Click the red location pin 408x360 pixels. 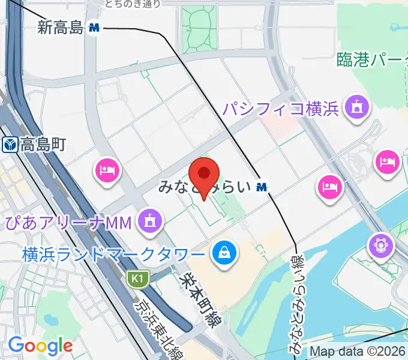coord(205,175)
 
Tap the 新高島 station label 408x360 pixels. coord(59,27)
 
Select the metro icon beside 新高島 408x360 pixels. coord(94,27)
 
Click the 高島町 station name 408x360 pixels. coord(43,145)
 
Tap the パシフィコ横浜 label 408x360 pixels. coord(281,109)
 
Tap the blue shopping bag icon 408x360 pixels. coord(224,252)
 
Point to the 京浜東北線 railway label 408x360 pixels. coord(155,322)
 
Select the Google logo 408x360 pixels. coord(40,346)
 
